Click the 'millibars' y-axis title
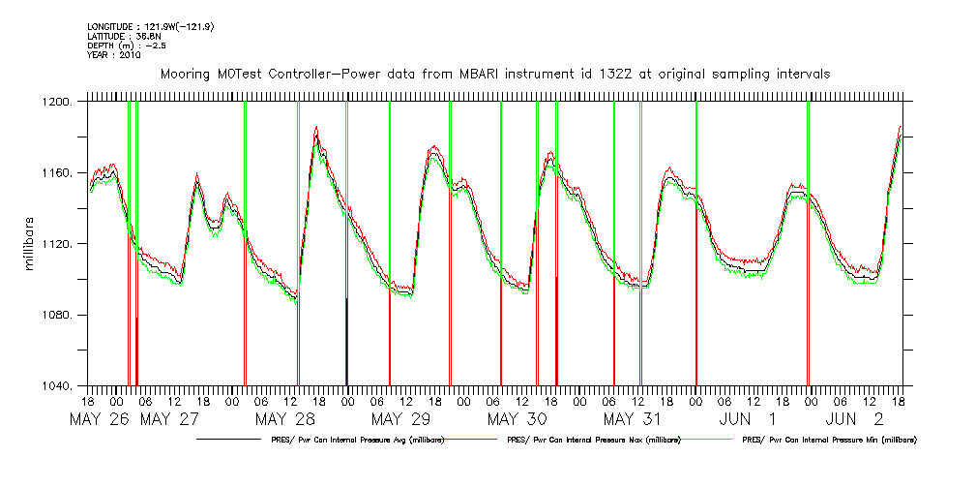[28, 243]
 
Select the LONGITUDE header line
[150, 26]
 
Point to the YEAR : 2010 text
[114, 55]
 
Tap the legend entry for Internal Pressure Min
[829, 440]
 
